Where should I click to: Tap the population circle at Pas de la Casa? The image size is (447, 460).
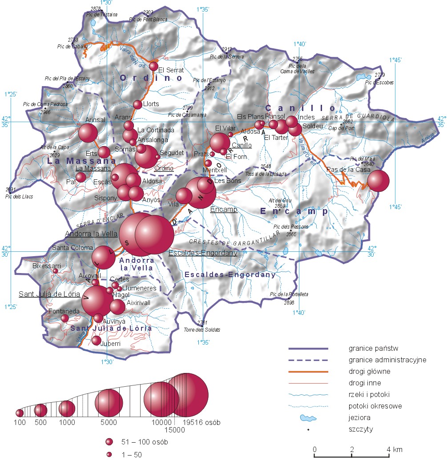[x=378, y=180]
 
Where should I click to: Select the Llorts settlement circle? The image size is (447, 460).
[x=137, y=104]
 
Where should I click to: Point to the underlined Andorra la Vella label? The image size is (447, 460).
[x=91, y=234]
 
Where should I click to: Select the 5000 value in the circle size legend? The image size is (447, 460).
[x=109, y=422]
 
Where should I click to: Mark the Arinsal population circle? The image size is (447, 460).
[x=88, y=133]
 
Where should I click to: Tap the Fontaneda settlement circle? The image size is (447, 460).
[x=64, y=318]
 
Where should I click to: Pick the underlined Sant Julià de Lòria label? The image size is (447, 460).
[x=49, y=294]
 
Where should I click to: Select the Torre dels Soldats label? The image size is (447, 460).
[x=202, y=330]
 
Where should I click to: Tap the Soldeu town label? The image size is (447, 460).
[x=311, y=126]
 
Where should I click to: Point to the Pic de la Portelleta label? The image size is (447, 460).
[x=289, y=294]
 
